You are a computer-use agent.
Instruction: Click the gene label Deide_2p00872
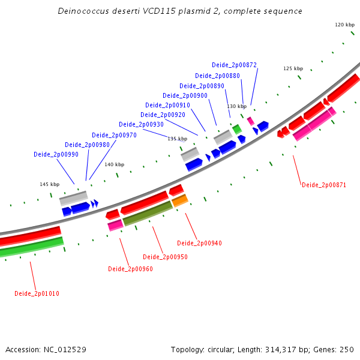234,65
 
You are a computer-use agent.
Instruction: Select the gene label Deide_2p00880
217,76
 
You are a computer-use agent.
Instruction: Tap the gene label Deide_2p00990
56,154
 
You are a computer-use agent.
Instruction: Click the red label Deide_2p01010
37,293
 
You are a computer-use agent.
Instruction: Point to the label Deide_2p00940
199,243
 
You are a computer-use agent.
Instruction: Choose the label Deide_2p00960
130,269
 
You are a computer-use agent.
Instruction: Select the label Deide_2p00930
143,124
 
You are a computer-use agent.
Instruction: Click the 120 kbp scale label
344,25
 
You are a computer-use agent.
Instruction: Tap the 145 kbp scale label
50,184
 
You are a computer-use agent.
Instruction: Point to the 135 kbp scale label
177,139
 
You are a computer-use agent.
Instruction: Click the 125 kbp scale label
293,68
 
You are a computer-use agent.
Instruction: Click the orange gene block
180,200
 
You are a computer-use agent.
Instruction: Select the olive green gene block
148,213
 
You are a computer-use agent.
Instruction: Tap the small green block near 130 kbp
237,128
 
